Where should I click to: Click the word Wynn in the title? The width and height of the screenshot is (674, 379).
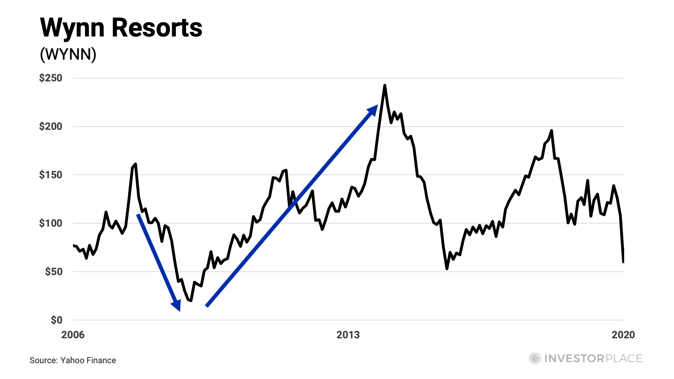pyautogui.click(x=72, y=28)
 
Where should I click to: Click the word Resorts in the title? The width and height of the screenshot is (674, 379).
pyautogui.click(x=157, y=28)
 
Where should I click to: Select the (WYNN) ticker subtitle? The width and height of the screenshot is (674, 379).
pyautogui.click(x=68, y=54)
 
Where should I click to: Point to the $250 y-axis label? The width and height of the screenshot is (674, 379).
pyautogui.click(x=51, y=78)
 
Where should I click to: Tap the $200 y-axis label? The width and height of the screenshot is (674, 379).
pyautogui.click(x=51, y=126)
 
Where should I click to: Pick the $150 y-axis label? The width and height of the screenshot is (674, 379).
pyautogui.click(x=51, y=175)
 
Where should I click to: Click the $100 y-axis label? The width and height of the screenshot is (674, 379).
pyautogui.click(x=51, y=223)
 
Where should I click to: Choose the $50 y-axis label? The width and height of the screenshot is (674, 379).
pyautogui.click(x=53, y=272)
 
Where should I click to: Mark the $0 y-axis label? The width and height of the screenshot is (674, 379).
pyautogui.click(x=56, y=320)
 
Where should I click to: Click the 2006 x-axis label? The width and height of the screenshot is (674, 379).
pyautogui.click(x=73, y=335)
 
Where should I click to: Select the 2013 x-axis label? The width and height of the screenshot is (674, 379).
pyautogui.click(x=348, y=335)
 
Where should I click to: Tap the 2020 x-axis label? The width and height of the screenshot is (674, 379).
pyautogui.click(x=623, y=335)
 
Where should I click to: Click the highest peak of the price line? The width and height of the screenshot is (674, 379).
pyautogui.click(x=385, y=85)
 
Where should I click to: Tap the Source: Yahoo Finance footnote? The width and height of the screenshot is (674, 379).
pyautogui.click(x=73, y=360)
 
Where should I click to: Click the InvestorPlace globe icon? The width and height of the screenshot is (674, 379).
pyautogui.click(x=535, y=358)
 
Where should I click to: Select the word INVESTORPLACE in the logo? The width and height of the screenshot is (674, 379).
pyautogui.click(x=593, y=358)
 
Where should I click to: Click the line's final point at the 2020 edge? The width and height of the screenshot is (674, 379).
pyautogui.click(x=623, y=262)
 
